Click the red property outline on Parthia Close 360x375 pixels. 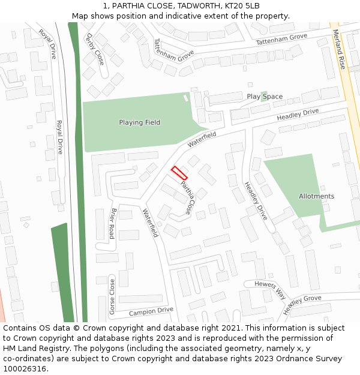(x=179, y=173)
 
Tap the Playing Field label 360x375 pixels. (x=139, y=122)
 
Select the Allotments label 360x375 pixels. (x=316, y=196)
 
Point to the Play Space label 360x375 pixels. (x=265, y=97)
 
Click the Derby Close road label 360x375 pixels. (x=95, y=49)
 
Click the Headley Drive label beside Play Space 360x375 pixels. (x=298, y=115)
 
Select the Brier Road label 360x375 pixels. (x=112, y=223)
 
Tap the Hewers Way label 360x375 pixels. (x=270, y=290)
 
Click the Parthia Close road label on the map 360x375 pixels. (x=187, y=198)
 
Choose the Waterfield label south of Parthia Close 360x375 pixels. (x=150, y=222)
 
